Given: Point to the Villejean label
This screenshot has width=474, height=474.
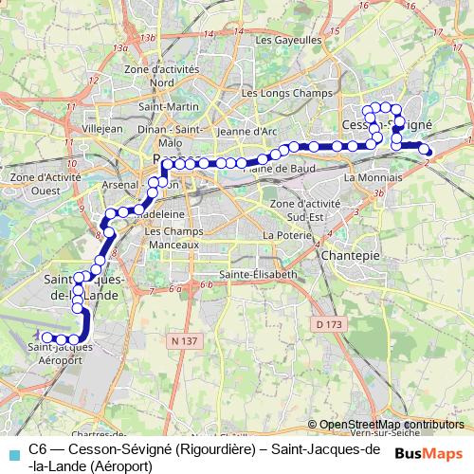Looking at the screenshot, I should pos(103,126).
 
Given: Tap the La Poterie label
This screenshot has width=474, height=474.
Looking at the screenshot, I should pos(282,234).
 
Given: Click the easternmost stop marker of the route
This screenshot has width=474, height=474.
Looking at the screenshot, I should pos(428,152).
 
